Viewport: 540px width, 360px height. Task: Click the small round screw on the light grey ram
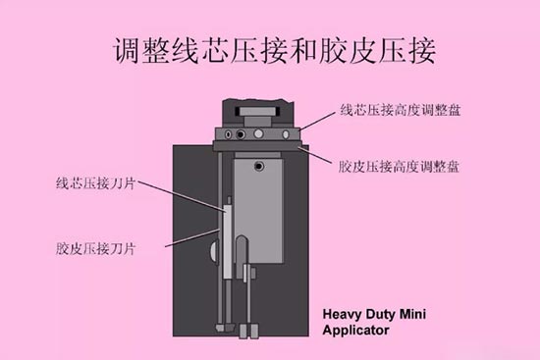click(259, 168)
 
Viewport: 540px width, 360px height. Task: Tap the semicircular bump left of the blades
click(215, 253)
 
